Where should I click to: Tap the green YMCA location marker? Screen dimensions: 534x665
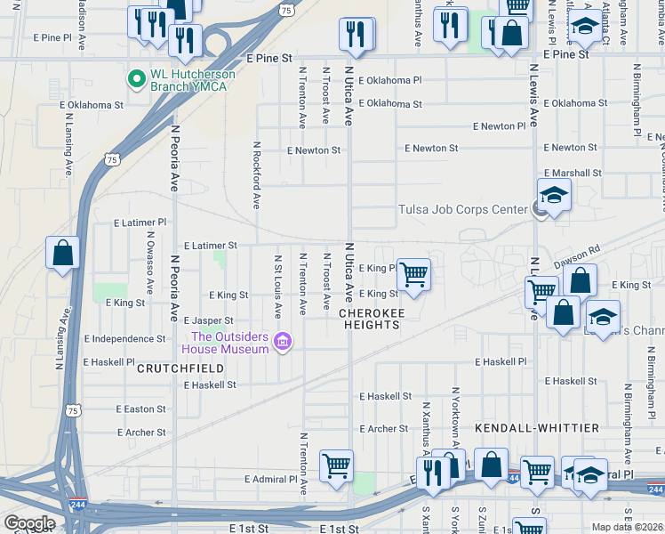137,80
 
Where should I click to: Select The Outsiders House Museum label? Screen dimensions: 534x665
229,342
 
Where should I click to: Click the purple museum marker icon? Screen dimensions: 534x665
283,342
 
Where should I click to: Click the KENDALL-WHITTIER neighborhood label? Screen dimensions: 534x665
537,428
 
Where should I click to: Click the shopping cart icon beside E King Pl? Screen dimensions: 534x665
413,274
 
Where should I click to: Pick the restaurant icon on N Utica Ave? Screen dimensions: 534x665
355,34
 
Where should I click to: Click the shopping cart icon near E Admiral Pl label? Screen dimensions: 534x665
336,465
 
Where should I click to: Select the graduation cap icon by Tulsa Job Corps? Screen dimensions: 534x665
554,195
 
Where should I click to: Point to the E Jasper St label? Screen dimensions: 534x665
208,320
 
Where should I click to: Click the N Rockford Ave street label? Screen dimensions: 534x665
256,174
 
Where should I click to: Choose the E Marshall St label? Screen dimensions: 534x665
572,173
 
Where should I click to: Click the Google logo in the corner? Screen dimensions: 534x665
29,523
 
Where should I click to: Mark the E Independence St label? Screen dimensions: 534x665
124,339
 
